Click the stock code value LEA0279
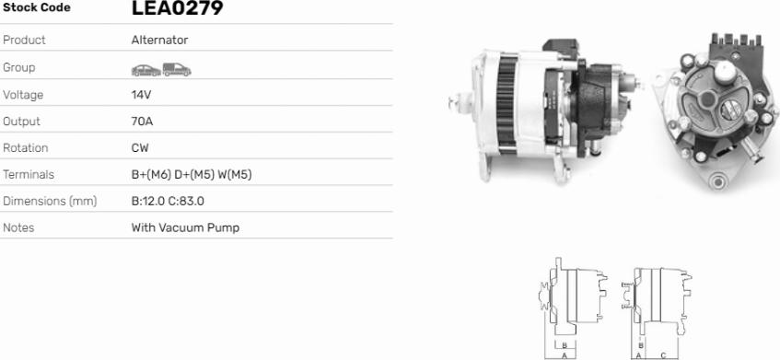177,7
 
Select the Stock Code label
36,7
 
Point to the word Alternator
159,40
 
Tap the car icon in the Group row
146,70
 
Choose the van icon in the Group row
177,70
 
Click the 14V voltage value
141,95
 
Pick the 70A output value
142,122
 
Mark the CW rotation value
140,148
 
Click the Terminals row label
29,175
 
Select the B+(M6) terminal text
151,175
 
